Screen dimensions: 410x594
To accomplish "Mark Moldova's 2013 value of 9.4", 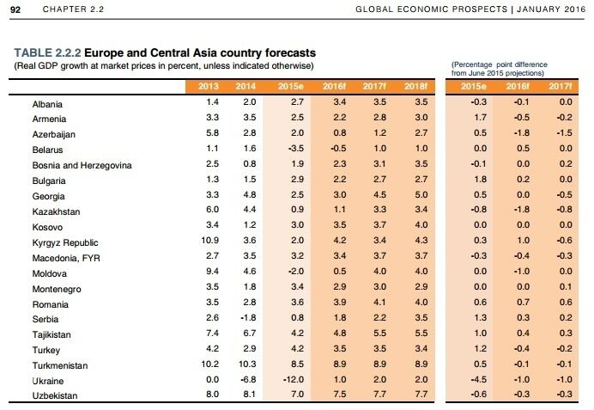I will click(x=208, y=271).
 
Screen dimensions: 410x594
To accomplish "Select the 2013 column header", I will click(x=208, y=86).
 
